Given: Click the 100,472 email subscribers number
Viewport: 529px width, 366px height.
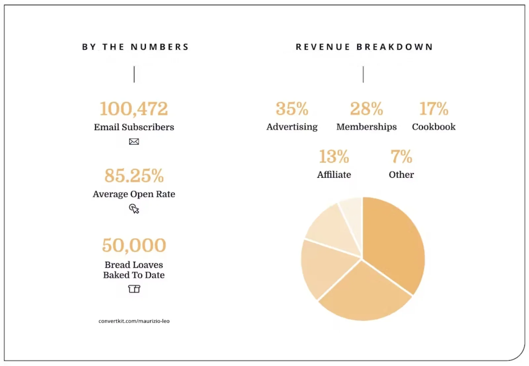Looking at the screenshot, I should [134, 109].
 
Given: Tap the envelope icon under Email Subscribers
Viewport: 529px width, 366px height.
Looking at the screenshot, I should [134, 142].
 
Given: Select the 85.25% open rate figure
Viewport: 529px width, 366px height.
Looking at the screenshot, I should [134, 176].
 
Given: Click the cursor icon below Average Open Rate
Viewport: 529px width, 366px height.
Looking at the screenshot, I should [134, 209].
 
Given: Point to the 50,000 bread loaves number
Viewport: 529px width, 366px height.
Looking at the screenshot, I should [134, 245].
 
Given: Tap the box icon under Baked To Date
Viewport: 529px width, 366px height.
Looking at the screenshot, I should [134, 289].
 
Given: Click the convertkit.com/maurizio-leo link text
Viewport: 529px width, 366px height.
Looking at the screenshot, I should [134, 321].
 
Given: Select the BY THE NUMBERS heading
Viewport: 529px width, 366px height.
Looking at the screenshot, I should [135, 47].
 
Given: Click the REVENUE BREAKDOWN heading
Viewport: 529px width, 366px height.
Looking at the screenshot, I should [364, 47].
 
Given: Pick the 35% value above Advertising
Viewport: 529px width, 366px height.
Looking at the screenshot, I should [292, 109].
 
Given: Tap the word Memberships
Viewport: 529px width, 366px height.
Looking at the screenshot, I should [366, 127].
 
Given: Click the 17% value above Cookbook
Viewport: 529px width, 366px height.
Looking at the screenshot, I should [433, 109].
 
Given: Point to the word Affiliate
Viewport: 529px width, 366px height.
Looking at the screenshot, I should [334, 175].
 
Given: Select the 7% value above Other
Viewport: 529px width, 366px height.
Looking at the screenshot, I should [401, 156].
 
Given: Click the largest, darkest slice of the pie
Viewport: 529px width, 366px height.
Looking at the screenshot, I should [393, 241].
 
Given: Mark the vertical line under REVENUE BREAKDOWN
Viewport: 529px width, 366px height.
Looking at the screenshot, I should [363, 75].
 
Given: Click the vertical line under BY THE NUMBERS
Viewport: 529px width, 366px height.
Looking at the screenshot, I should [134, 75].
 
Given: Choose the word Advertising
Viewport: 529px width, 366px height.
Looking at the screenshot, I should [292, 127].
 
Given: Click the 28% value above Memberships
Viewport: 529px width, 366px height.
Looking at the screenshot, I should [366, 109].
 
